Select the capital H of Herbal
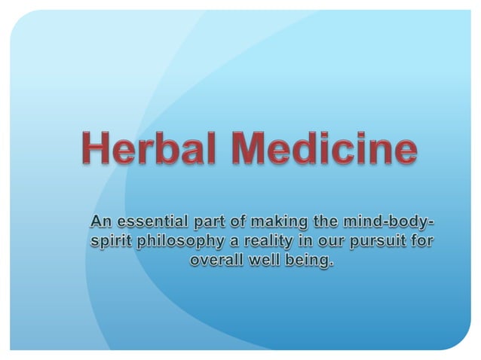[x=97, y=149]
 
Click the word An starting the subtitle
[x=101, y=222]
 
